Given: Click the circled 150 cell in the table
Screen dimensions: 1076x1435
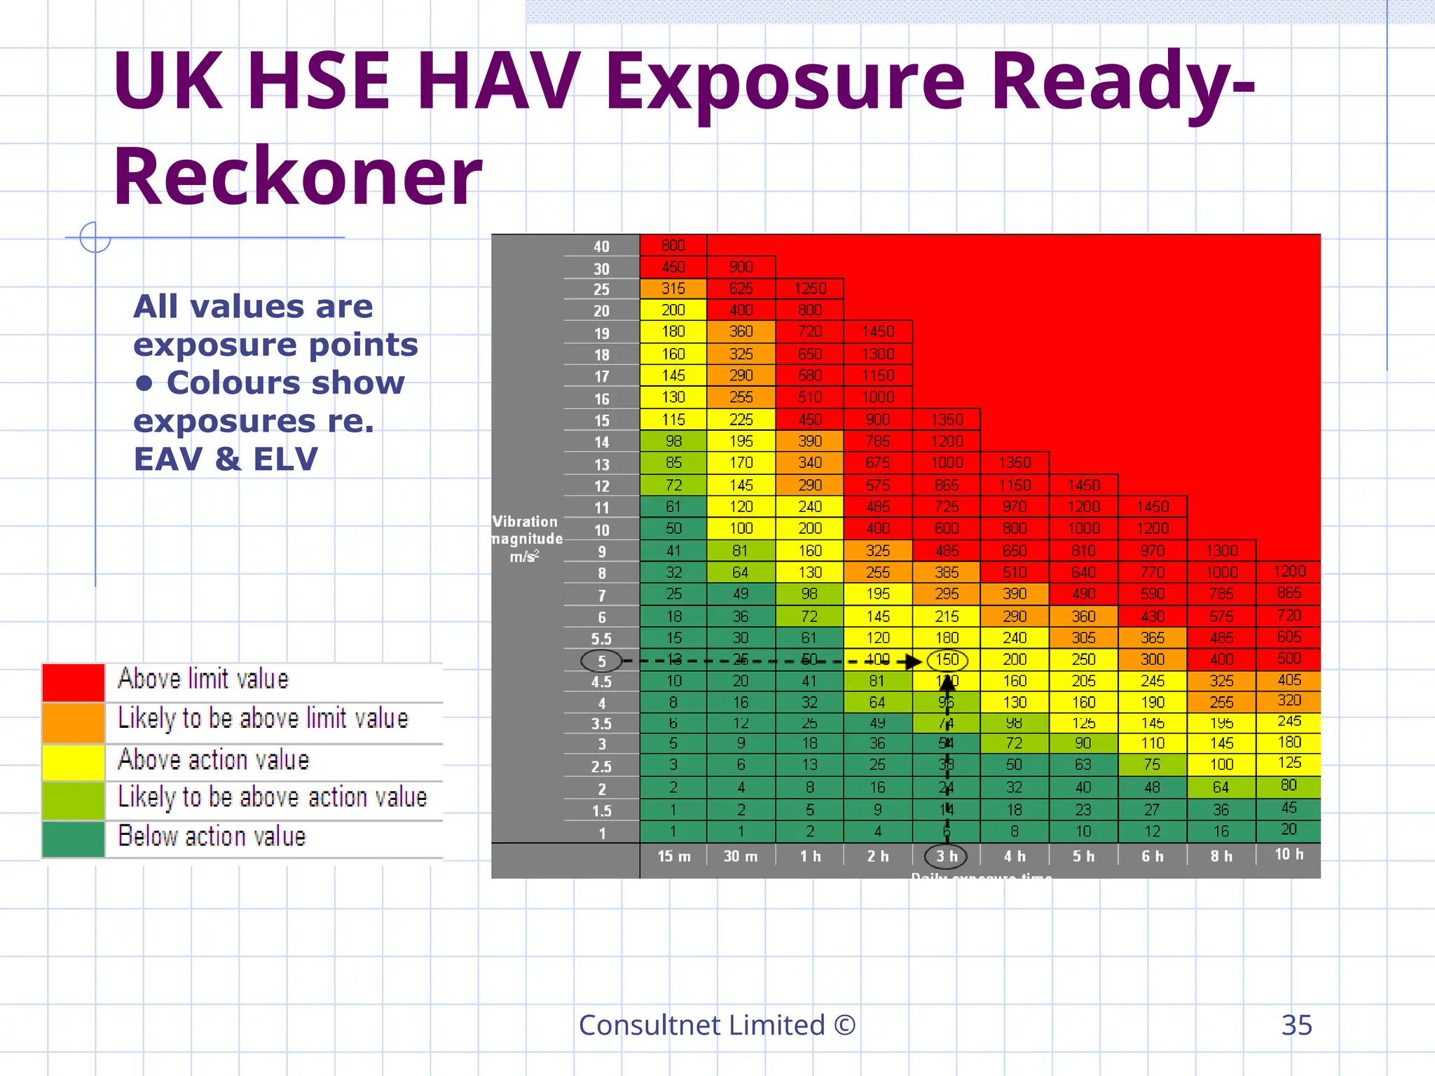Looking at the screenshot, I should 947,660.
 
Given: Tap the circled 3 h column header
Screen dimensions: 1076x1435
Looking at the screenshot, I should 946,856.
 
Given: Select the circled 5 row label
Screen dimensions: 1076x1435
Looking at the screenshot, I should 601,661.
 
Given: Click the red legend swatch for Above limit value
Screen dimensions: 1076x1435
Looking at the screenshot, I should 74,682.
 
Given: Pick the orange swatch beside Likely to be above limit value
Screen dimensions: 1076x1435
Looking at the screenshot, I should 74,722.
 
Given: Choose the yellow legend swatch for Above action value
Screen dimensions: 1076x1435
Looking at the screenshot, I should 74,762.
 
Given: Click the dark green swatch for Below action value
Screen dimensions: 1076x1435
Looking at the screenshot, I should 74,839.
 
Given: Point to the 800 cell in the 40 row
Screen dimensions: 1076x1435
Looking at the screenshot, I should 673,245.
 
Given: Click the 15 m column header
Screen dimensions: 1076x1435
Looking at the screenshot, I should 673,856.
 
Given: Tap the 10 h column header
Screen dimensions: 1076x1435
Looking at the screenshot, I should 1289,855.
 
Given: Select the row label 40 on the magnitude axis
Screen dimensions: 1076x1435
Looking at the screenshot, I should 601,247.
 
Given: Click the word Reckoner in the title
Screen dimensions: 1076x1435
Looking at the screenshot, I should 297,177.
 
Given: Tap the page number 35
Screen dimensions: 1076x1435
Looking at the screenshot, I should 1296,1025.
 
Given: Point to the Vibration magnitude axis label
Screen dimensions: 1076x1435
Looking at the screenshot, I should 526,539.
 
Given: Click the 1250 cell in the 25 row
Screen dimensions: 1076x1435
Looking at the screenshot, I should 810,289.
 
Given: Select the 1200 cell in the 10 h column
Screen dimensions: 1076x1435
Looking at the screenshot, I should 1289,571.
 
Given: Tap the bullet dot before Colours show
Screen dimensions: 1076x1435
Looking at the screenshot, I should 144,382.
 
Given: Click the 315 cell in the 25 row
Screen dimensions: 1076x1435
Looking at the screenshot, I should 673,289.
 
